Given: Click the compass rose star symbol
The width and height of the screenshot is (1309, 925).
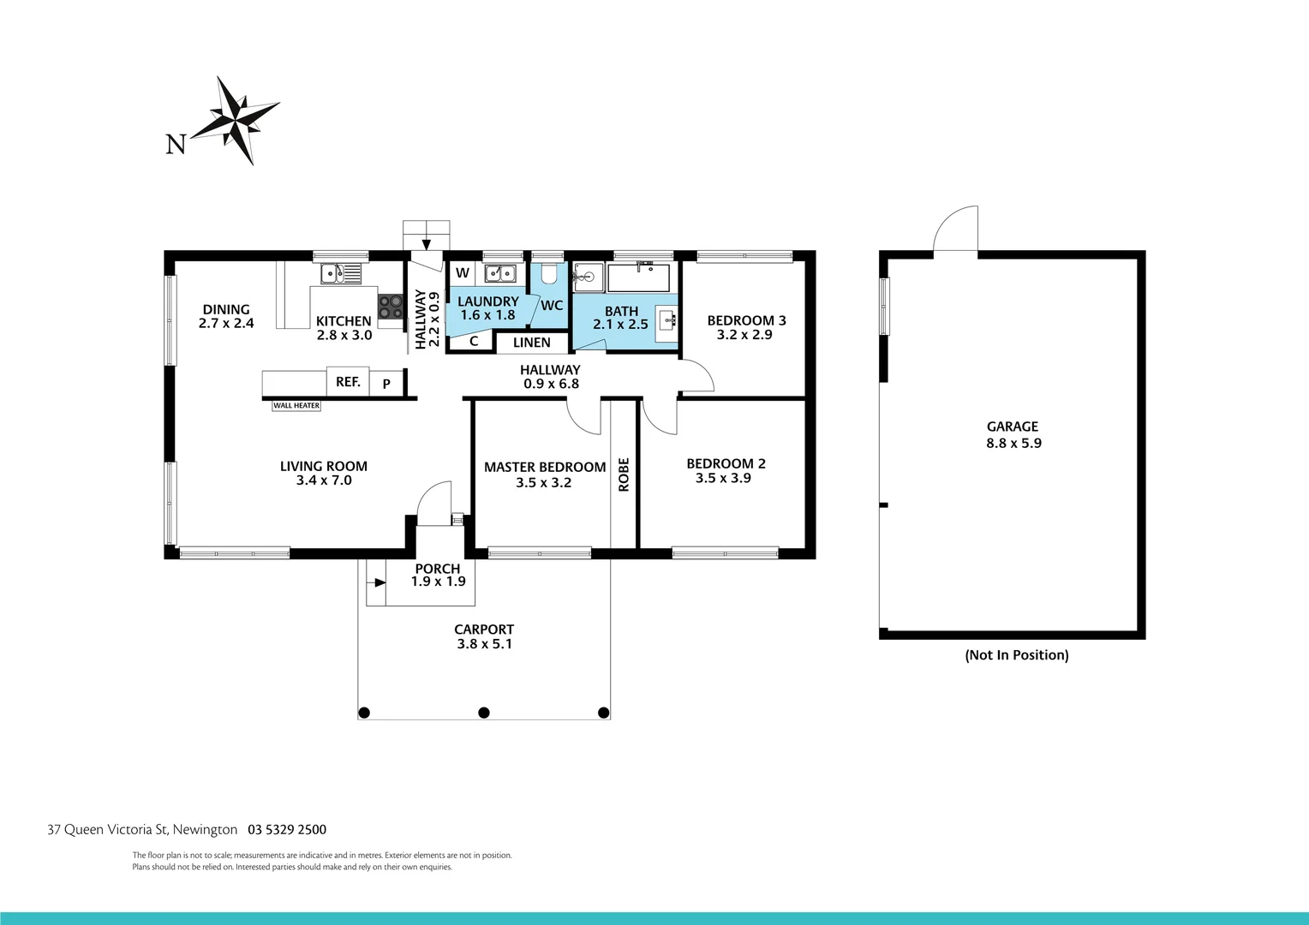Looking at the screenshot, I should tap(236, 119).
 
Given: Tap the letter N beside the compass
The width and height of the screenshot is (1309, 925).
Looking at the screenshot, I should tap(176, 145).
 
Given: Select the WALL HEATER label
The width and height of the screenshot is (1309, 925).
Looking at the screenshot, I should tap(296, 406).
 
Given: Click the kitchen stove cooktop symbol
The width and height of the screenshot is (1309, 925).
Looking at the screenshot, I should tap(391, 307).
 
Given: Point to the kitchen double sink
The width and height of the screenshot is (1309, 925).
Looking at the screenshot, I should tap(341, 274).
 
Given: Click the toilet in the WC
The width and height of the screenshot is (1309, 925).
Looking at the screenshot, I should tap(549, 275).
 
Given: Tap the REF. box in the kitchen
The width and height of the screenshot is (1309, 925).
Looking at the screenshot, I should tap(348, 382).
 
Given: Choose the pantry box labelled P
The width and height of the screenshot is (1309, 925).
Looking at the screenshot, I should tap(387, 384).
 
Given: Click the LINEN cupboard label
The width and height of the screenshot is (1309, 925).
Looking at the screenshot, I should tap(532, 343).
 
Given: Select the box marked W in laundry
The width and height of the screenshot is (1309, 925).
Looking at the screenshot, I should tap(463, 273).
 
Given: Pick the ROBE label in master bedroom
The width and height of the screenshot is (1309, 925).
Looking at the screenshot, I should tap(624, 474).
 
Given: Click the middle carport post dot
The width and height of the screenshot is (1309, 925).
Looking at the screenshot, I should tap(484, 713).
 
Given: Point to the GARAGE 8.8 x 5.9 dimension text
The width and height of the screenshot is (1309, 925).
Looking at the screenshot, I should tap(1013, 443).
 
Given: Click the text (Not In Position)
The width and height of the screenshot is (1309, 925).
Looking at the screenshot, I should tap(1017, 655).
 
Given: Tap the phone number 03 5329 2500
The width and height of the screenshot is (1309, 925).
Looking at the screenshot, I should tap(287, 829).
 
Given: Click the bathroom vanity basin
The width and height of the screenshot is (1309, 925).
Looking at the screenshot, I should tap(667, 321).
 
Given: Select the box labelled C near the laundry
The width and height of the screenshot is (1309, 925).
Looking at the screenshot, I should tap(473, 341).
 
